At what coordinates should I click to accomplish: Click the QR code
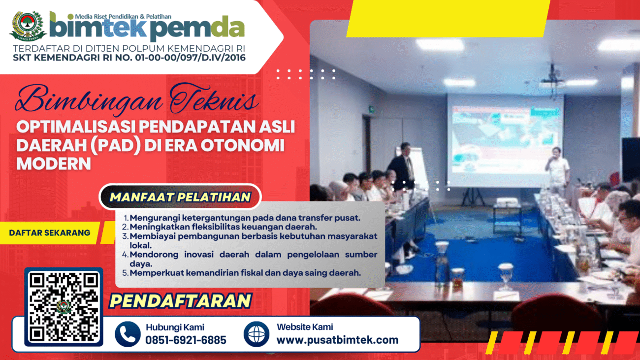coord(64,307)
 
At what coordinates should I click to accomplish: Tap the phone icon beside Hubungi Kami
coord(128,334)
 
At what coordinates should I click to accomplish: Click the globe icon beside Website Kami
coord(256,334)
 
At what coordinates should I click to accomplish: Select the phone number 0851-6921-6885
coord(186,340)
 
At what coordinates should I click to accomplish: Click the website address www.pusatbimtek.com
coord(337,340)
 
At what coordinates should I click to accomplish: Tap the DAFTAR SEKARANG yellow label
coord(50,233)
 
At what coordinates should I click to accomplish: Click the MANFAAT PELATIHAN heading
coord(180,197)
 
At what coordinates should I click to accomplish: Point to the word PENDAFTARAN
coord(180,301)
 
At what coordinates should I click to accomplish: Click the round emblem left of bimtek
coord(28,26)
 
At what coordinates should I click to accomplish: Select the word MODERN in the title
coord(54,164)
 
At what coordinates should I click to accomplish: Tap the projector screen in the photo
coord(505,140)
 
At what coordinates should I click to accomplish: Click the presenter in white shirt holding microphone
coord(557,171)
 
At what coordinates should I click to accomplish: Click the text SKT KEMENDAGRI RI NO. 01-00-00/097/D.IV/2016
coord(129,58)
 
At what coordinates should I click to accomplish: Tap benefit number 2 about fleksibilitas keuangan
coord(220,227)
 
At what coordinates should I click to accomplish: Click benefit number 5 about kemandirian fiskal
coord(241,273)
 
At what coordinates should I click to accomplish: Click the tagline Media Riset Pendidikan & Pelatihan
coord(123,17)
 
